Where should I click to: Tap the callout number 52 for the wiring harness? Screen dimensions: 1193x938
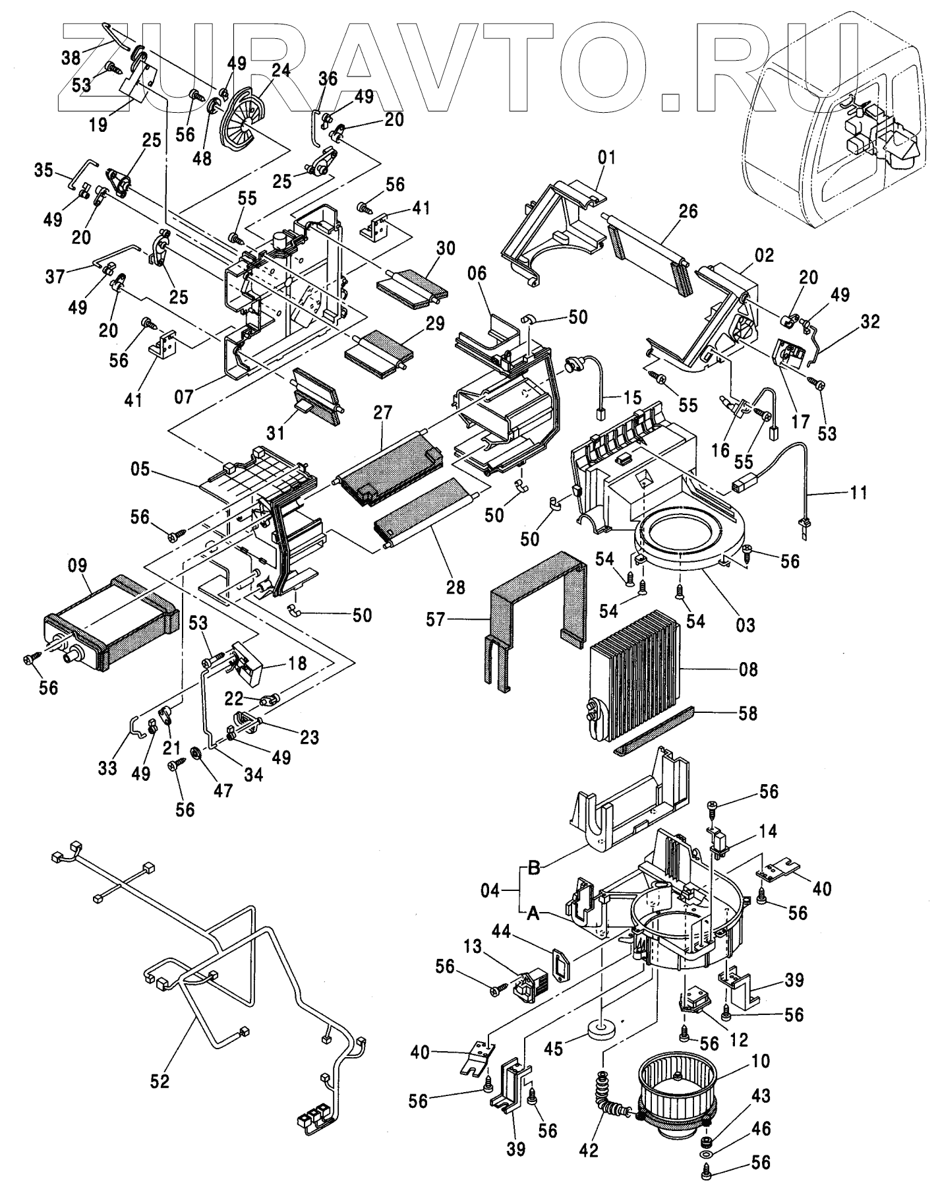160,1081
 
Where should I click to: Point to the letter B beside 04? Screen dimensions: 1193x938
534,868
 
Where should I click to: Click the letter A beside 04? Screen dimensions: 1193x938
534,913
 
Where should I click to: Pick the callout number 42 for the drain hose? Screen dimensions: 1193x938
589,1150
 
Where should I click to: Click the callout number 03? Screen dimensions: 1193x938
746,623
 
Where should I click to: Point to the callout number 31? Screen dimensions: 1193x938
276,433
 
